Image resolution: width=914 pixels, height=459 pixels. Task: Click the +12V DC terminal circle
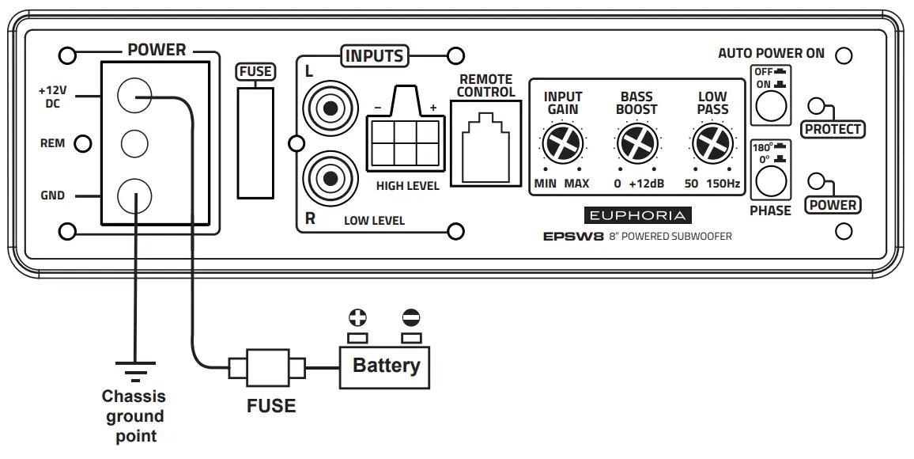(x=134, y=97)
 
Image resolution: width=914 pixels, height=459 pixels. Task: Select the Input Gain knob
(x=562, y=144)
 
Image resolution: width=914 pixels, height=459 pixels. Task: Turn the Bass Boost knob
(x=636, y=144)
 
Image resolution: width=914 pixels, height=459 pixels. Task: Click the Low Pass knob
(x=712, y=144)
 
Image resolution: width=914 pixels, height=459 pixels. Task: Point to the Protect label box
(x=832, y=129)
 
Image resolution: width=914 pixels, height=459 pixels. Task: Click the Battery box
(x=385, y=366)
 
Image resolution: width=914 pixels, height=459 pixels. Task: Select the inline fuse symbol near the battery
(x=267, y=368)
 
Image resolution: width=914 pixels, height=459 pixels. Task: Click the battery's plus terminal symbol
(x=358, y=318)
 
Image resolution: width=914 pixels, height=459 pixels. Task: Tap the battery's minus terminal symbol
(x=411, y=318)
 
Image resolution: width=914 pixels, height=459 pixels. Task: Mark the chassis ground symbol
(x=134, y=369)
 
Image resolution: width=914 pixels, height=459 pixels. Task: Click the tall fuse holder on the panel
(x=255, y=142)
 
